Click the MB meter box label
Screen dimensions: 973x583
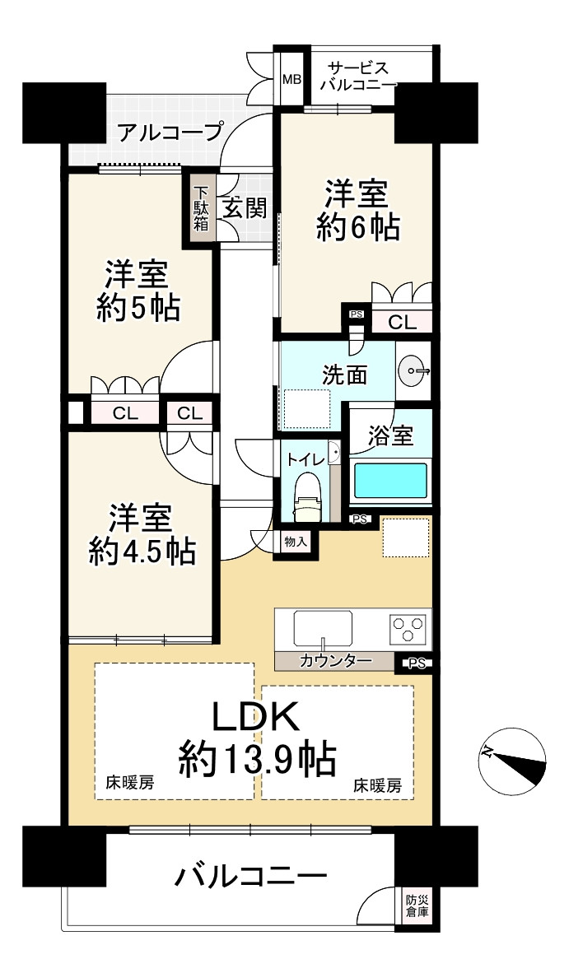[x=292, y=80]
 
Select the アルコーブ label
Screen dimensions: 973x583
[x=169, y=132]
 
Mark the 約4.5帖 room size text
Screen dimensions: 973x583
[x=141, y=551]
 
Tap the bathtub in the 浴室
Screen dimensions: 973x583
[x=390, y=482]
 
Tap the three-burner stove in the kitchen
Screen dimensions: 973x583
[x=409, y=627]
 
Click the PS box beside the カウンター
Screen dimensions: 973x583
[x=417, y=663]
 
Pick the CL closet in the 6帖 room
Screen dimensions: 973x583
[x=402, y=323]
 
